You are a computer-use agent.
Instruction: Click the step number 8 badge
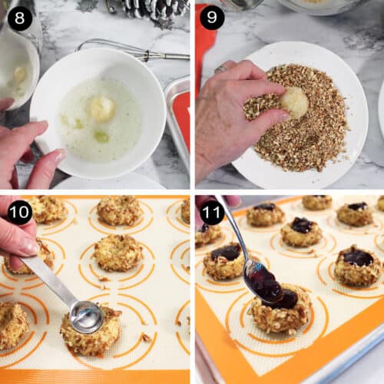click(x=20, y=18)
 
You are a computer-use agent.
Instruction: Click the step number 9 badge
click(x=212, y=18)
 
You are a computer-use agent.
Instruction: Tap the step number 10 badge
click(x=20, y=212)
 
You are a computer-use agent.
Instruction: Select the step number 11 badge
click(x=212, y=212)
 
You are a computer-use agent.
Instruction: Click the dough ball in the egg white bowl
click(x=102, y=110)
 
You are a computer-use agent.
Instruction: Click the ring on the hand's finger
click(x=220, y=68)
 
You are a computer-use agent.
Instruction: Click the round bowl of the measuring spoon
click(x=87, y=317)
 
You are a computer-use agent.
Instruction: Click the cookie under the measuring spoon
click(x=90, y=332)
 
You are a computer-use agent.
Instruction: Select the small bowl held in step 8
click(x=17, y=67)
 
